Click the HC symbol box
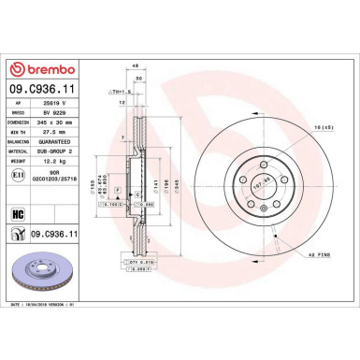(19, 213)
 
